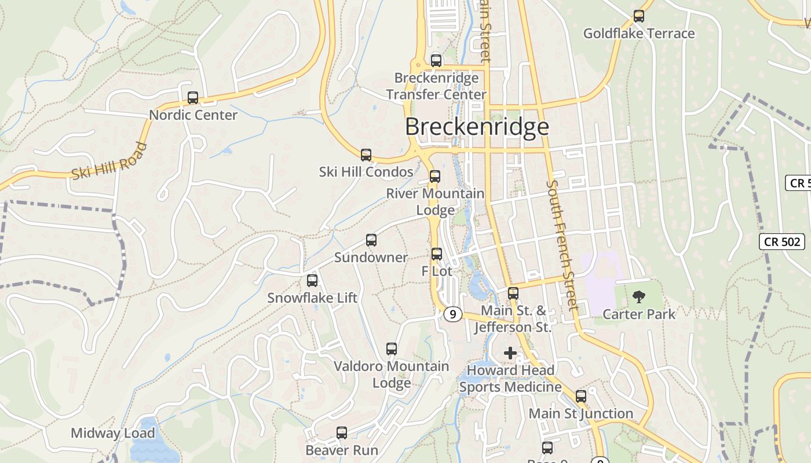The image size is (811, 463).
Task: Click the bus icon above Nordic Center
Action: point(193,98)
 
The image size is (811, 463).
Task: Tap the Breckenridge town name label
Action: point(476,127)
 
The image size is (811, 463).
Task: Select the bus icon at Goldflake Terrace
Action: point(639,16)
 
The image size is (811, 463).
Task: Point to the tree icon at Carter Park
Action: point(639,297)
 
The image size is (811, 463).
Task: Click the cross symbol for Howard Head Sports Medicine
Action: point(510,352)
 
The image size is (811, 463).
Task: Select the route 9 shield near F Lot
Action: point(453,314)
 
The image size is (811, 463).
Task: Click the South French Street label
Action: point(562,244)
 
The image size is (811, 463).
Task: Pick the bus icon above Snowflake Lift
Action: point(312,281)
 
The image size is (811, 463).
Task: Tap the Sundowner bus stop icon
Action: point(371,240)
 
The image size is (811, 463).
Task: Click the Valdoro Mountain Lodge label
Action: point(392,374)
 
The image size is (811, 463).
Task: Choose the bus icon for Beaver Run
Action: point(342,432)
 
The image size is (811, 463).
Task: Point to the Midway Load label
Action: point(113,433)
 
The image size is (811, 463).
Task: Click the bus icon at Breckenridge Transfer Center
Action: point(436,60)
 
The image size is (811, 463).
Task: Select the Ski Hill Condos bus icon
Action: point(366,155)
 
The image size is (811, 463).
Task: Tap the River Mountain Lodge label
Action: point(435,201)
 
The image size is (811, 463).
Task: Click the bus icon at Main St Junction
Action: point(581,396)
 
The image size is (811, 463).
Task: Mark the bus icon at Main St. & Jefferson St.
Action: point(513,293)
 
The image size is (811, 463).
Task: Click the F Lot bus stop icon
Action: point(437,253)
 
